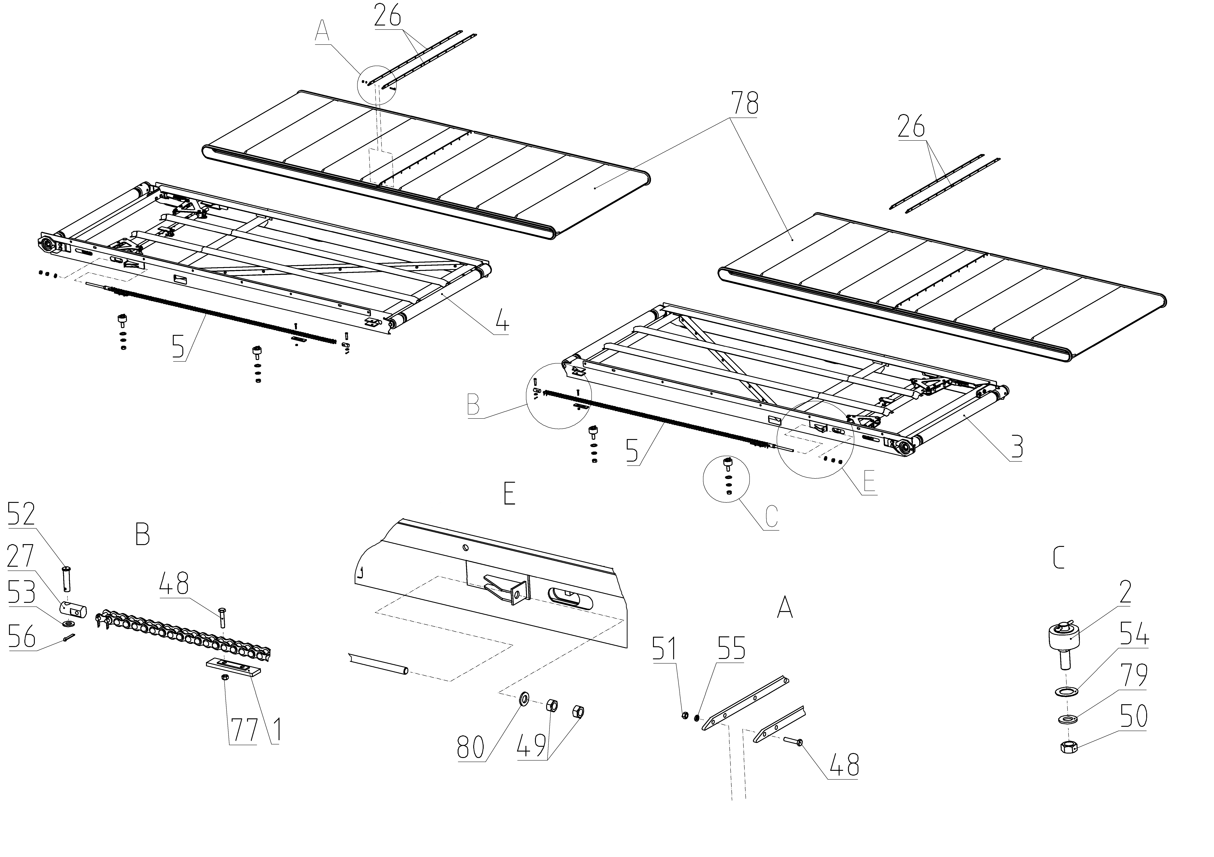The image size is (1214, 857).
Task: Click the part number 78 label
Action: pyautogui.click(x=744, y=104)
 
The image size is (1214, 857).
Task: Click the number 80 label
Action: pyautogui.click(x=471, y=748)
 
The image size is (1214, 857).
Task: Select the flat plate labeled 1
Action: pyautogui.click(x=233, y=666)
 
